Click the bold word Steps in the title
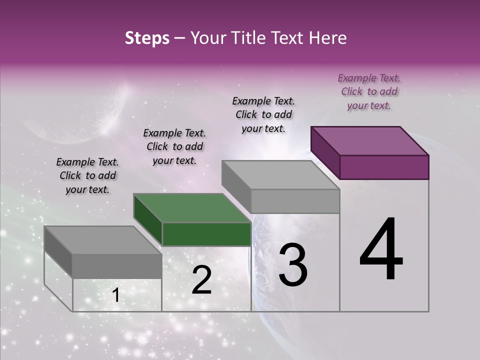point(147,38)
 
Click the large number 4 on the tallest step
point(381,250)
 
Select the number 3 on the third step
point(292,265)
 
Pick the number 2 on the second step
point(201,280)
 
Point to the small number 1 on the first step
point(115,295)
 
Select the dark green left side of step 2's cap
point(147,219)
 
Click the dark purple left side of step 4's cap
point(325,152)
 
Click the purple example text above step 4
point(369,91)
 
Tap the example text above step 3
point(263,114)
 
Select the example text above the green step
point(174,146)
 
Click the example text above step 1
point(87,175)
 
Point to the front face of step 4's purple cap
point(384,167)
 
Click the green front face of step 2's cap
point(206,234)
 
